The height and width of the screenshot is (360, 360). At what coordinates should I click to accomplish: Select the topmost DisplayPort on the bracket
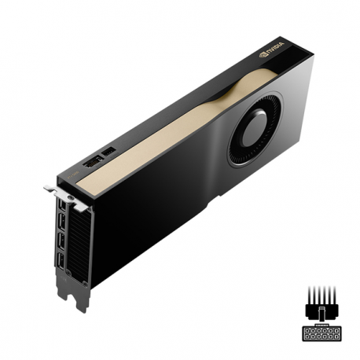(60, 207)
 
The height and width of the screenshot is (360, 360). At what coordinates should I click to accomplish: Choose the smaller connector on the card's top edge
(108, 149)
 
